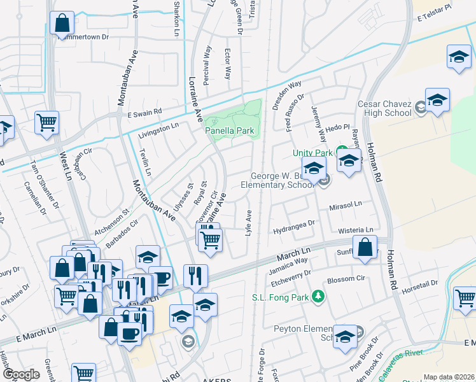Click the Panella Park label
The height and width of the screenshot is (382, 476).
click(230, 131)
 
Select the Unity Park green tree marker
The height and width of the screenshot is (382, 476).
click(342, 152)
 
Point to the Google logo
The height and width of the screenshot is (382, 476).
click(21, 374)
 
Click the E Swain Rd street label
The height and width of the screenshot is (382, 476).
click(144, 113)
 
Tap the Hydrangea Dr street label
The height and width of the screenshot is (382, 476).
click(295, 224)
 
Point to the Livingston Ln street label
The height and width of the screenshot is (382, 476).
click(158, 130)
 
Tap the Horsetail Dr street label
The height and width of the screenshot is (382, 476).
click(421, 284)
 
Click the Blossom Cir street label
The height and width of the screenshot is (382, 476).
click(346, 279)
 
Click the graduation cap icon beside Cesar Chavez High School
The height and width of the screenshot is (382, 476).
click(437, 100)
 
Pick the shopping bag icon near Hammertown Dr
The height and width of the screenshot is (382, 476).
click(62, 24)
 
